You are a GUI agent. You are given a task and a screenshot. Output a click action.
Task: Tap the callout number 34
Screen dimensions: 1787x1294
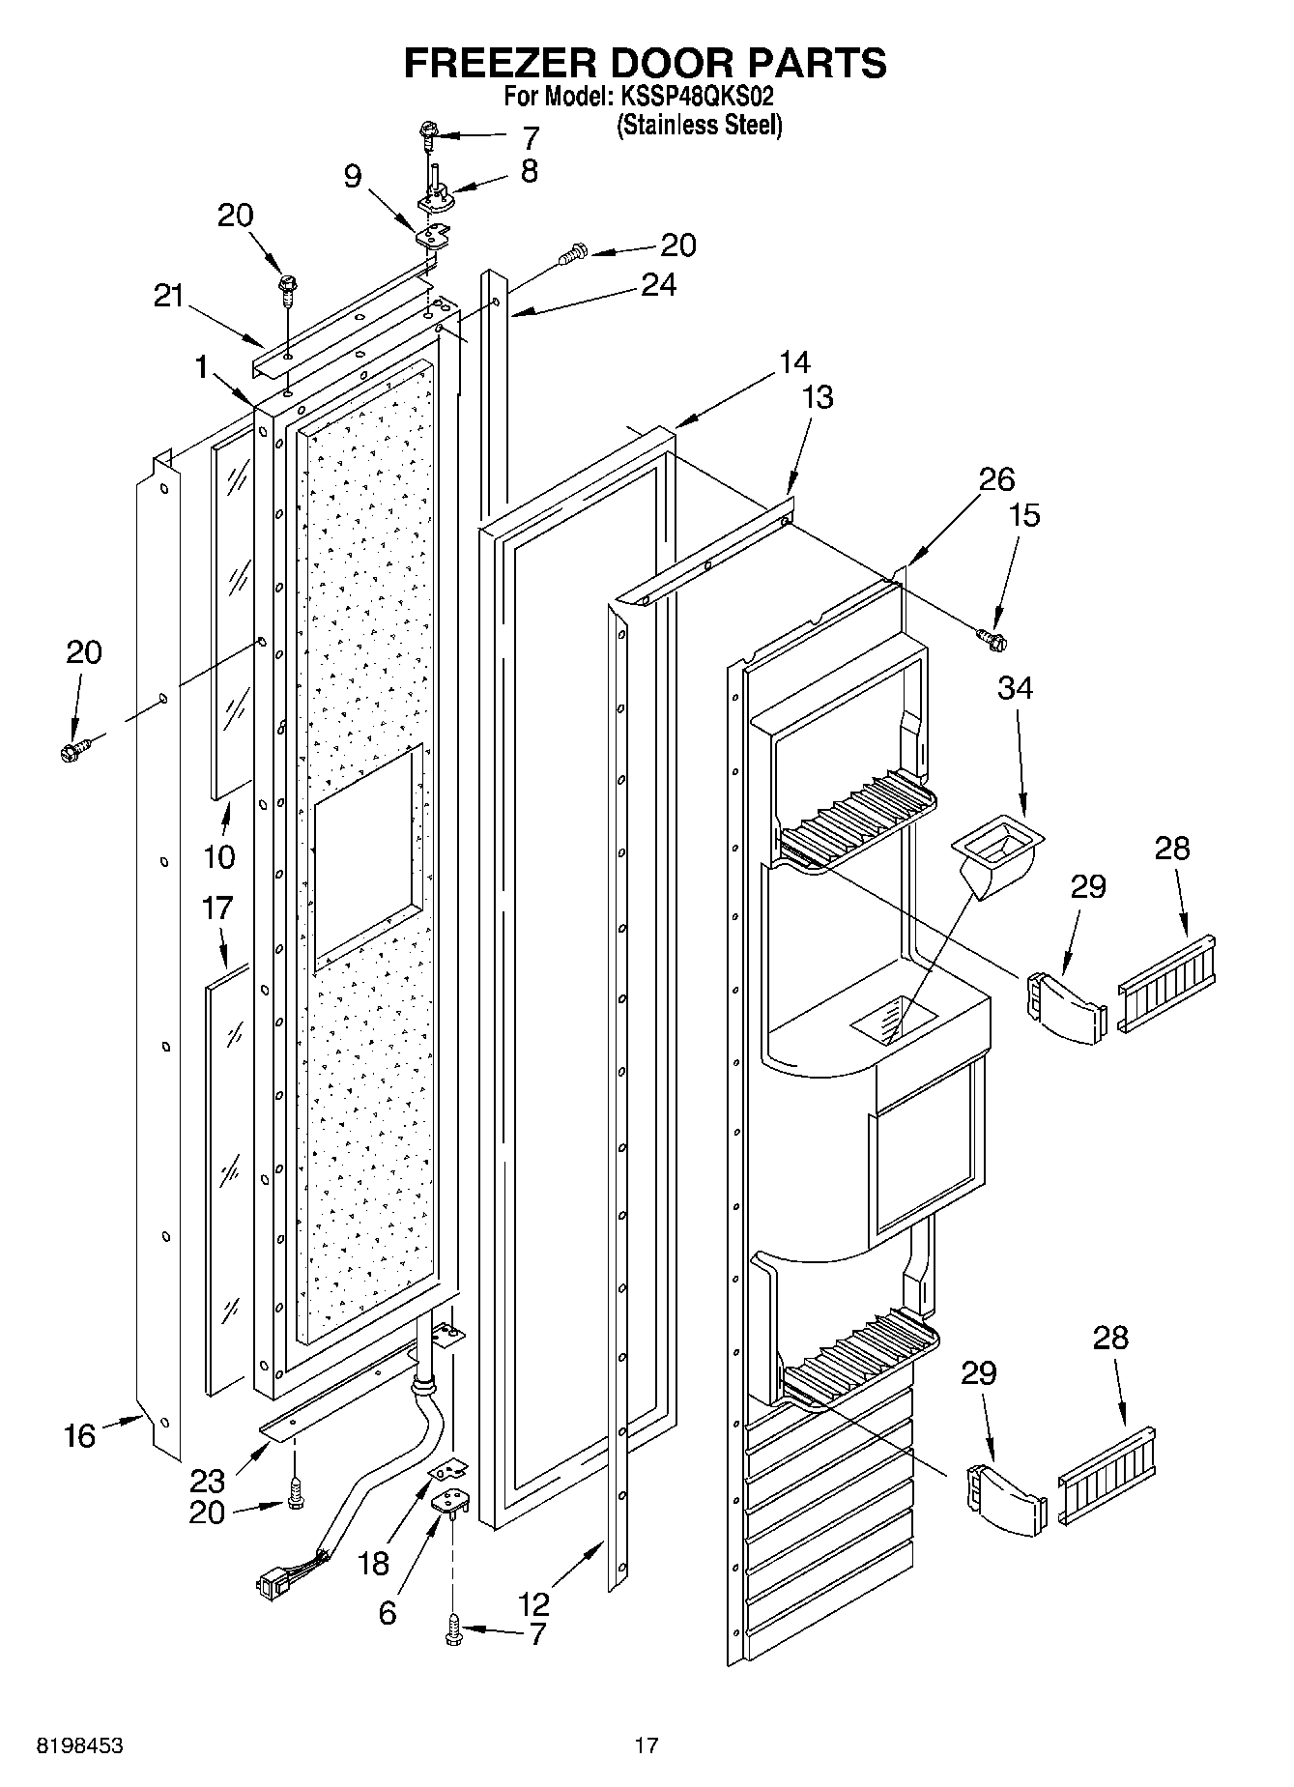1015,688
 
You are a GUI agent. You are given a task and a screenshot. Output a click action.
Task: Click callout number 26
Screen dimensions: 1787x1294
996,479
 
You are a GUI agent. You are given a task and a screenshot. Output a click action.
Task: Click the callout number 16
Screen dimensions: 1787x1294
80,1436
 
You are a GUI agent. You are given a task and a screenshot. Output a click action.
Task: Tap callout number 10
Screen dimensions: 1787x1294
219,855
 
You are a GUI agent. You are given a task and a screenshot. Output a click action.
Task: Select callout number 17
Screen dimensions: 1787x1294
217,908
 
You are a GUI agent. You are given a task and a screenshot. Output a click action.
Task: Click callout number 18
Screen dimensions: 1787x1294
374,1564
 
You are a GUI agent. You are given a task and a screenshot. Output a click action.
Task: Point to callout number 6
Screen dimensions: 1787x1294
387,1612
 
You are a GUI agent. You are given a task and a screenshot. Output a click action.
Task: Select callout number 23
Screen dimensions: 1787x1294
208,1480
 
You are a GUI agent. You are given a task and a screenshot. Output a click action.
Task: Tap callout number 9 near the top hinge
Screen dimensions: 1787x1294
353,175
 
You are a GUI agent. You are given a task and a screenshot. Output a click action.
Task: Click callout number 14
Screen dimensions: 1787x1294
794,362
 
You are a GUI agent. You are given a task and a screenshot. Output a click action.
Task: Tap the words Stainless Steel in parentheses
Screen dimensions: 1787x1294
699,125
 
